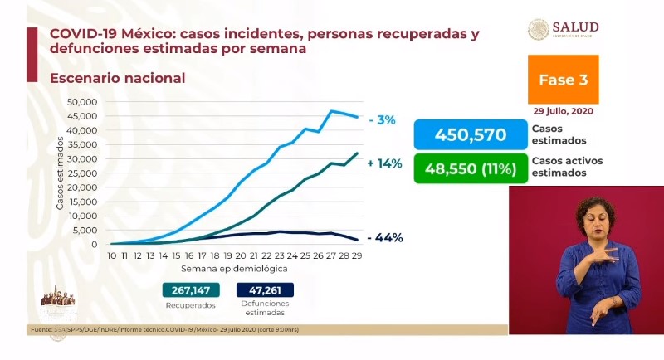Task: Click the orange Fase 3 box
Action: pos(563,80)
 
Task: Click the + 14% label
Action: pos(384,163)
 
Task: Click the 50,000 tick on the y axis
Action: pos(82,102)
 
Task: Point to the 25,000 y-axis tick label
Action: pos(82,173)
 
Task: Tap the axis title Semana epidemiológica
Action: pos(234,270)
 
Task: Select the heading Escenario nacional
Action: pos(117,78)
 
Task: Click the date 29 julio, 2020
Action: pos(563,110)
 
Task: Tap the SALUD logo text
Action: pos(579,27)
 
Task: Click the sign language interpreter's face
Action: pos(594,217)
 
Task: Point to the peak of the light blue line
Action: pos(332,110)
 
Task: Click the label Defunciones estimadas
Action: pos(265,309)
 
